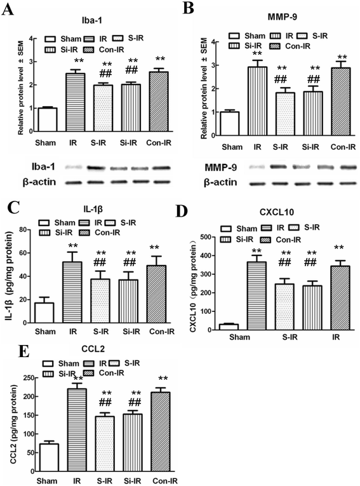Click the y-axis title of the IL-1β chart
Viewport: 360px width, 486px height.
pos(8,274)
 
